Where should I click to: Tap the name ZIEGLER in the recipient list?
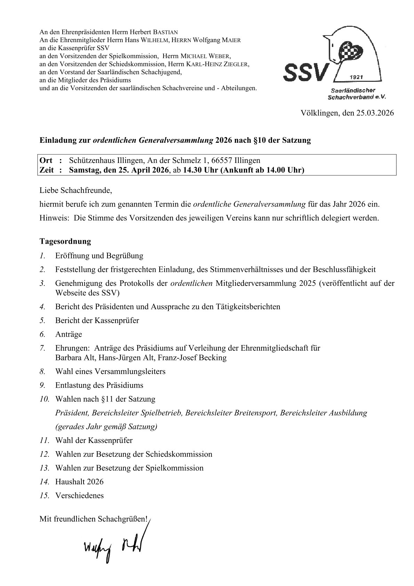click(237, 64)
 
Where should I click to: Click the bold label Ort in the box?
click(46, 161)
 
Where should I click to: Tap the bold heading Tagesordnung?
click(65, 241)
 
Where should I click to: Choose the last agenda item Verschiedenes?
click(79, 495)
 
